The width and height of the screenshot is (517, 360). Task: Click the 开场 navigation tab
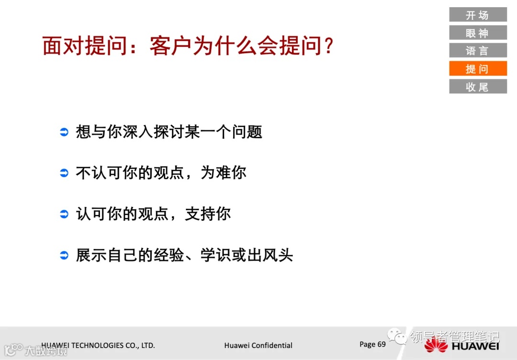477,15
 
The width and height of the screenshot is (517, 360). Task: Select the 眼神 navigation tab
477,33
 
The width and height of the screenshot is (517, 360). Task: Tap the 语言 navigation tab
477,51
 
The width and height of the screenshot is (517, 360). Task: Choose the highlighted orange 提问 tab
477,68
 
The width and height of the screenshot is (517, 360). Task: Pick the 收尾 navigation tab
477,87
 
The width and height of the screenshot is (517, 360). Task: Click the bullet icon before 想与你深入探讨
64,132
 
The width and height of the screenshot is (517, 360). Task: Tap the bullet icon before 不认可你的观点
64,173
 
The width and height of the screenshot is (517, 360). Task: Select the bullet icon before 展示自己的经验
64,255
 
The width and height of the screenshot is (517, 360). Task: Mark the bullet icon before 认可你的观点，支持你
64,214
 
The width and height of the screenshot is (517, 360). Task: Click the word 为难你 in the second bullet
224,173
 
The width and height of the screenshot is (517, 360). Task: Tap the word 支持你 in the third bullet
208,214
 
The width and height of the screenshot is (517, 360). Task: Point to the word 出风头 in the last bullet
270,255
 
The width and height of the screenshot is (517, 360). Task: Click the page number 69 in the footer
381,344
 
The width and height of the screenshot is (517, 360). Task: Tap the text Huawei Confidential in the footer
258,345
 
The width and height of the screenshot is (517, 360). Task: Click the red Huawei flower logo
436,345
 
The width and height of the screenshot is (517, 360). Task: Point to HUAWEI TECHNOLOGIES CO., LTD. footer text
98,345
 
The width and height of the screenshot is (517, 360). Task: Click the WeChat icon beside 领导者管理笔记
397,337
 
